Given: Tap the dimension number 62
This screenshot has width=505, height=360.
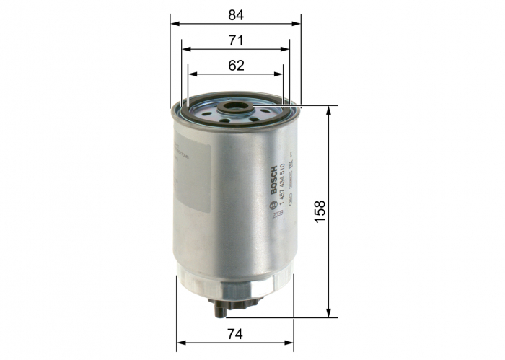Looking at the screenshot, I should click(236, 65).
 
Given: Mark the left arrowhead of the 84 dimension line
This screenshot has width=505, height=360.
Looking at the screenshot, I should click(175, 22).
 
